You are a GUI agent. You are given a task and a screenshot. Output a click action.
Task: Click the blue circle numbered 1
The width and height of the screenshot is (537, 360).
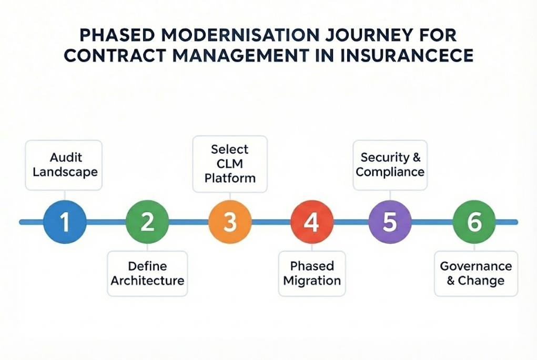64,222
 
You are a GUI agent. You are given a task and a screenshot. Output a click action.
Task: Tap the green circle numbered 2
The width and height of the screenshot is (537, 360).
147,222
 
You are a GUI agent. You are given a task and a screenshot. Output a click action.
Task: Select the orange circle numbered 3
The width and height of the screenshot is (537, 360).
230,222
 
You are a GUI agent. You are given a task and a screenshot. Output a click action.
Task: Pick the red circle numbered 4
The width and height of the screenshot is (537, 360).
312,222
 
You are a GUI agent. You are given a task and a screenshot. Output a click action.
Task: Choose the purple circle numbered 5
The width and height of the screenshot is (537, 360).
390,222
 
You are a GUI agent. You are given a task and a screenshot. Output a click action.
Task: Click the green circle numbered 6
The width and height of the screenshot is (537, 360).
474,222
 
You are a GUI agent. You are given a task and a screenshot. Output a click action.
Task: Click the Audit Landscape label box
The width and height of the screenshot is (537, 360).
64,165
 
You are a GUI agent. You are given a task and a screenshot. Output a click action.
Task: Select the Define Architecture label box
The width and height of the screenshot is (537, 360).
147,273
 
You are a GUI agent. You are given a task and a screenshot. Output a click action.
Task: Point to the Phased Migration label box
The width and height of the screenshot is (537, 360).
312,273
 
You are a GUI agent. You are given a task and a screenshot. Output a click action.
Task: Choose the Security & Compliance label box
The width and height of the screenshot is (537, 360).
390,165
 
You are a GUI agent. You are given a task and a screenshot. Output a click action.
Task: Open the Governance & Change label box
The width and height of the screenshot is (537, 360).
475,273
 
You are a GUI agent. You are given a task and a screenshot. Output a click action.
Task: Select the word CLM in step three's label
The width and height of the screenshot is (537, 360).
230,163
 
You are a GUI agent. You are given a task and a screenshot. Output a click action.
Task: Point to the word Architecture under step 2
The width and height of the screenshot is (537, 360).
147,280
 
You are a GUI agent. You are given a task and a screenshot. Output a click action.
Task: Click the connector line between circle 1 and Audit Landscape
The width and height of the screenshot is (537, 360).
64,195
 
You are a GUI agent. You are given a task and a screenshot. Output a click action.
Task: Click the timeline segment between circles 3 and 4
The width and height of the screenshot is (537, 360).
271,222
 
